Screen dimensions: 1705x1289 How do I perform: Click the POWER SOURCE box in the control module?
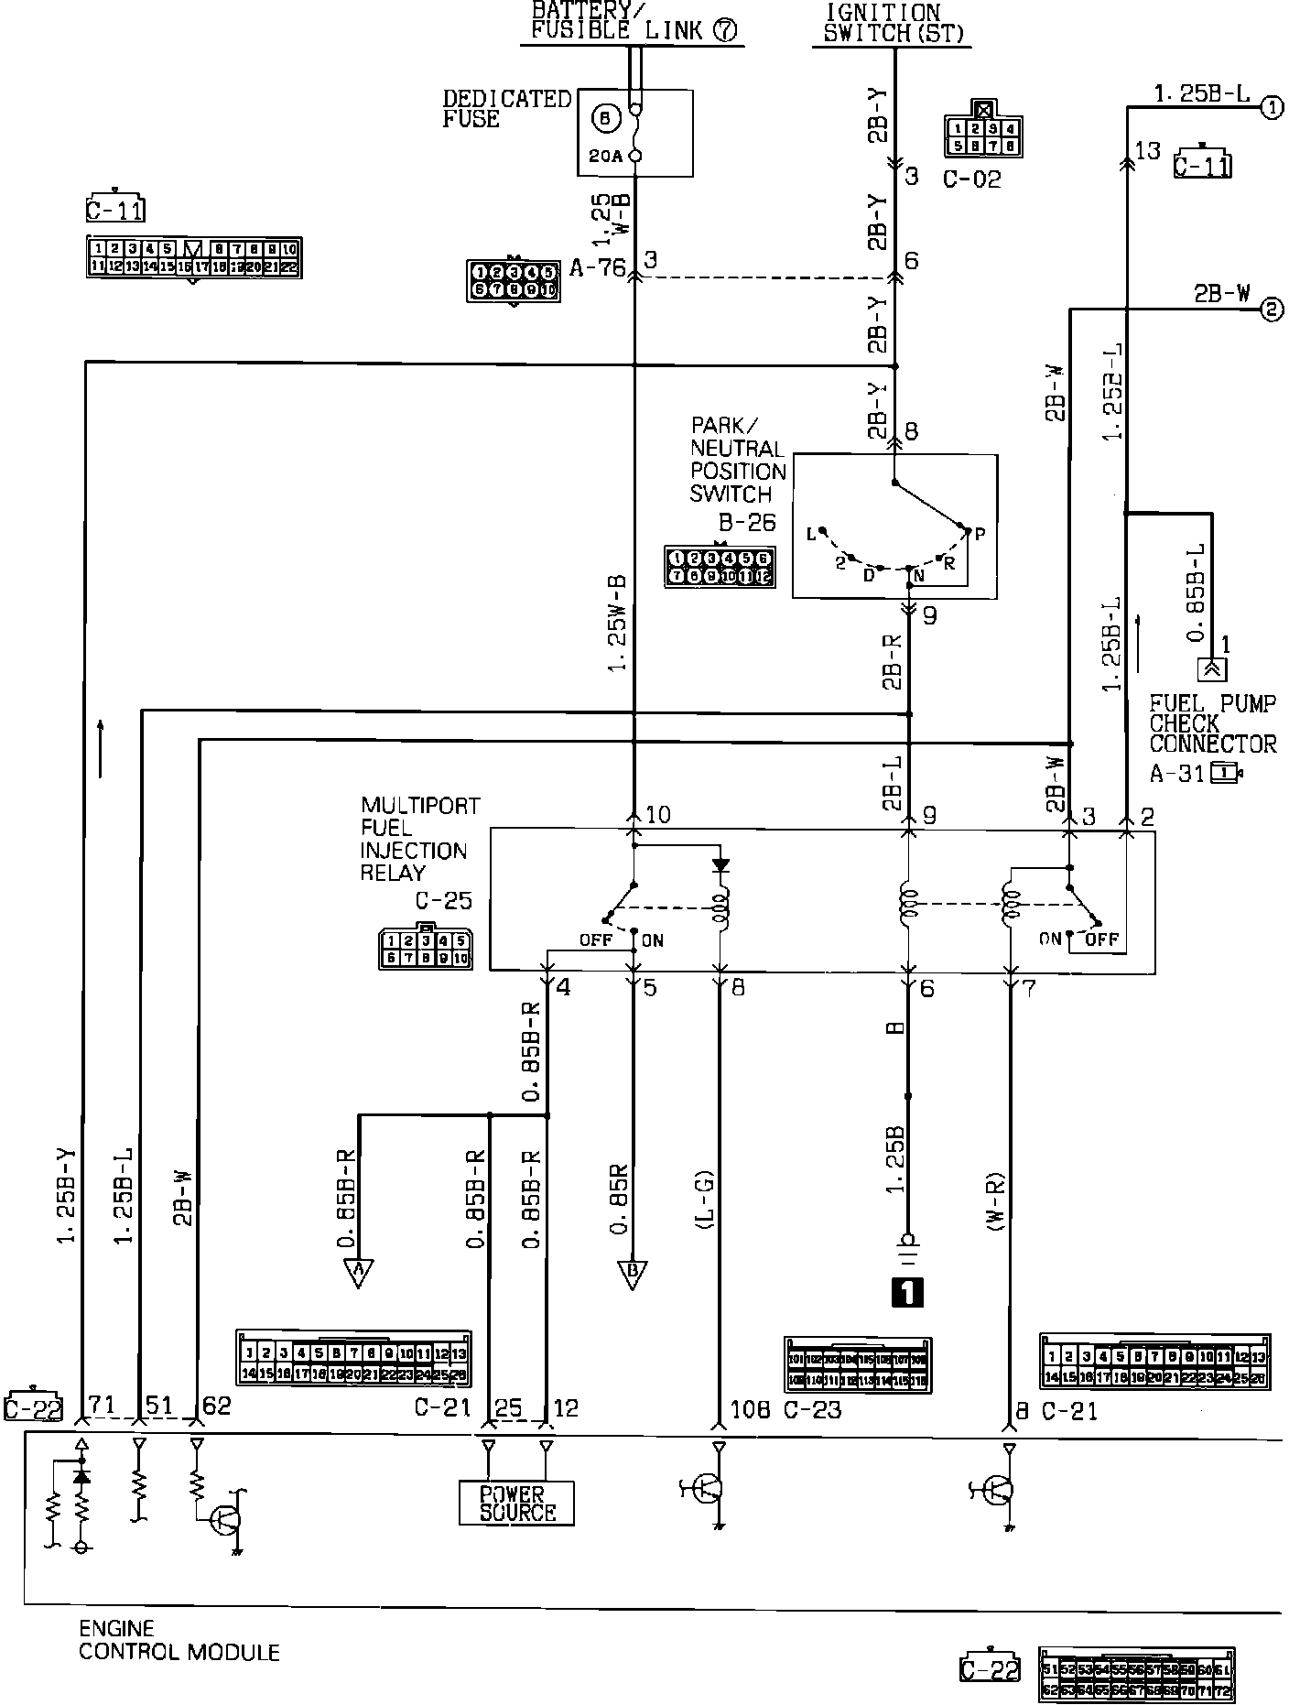tap(516, 1503)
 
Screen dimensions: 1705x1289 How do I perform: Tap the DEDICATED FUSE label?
tap(506, 108)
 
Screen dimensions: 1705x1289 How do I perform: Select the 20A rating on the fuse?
tap(605, 157)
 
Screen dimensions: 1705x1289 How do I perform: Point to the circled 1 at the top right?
tap(1272, 108)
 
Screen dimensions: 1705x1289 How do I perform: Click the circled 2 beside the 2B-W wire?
tap(1272, 310)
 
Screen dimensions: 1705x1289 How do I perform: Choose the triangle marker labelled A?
tap(358, 1272)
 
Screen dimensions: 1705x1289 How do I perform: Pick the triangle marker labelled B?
tap(633, 1273)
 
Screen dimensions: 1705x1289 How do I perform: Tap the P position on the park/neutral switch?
tap(979, 534)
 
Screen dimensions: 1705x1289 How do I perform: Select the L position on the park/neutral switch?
tap(811, 534)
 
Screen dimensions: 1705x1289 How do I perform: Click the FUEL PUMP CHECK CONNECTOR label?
tap(1212, 723)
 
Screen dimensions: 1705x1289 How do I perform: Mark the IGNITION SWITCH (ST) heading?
tap(883, 23)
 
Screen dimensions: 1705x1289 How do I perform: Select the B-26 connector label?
tap(747, 523)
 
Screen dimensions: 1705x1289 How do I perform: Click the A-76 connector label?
tap(597, 267)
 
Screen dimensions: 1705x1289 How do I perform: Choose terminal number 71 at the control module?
tap(103, 1406)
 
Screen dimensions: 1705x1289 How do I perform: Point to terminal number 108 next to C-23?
tap(750, 1409)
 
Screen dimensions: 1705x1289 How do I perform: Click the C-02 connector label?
tap(972, 179)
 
